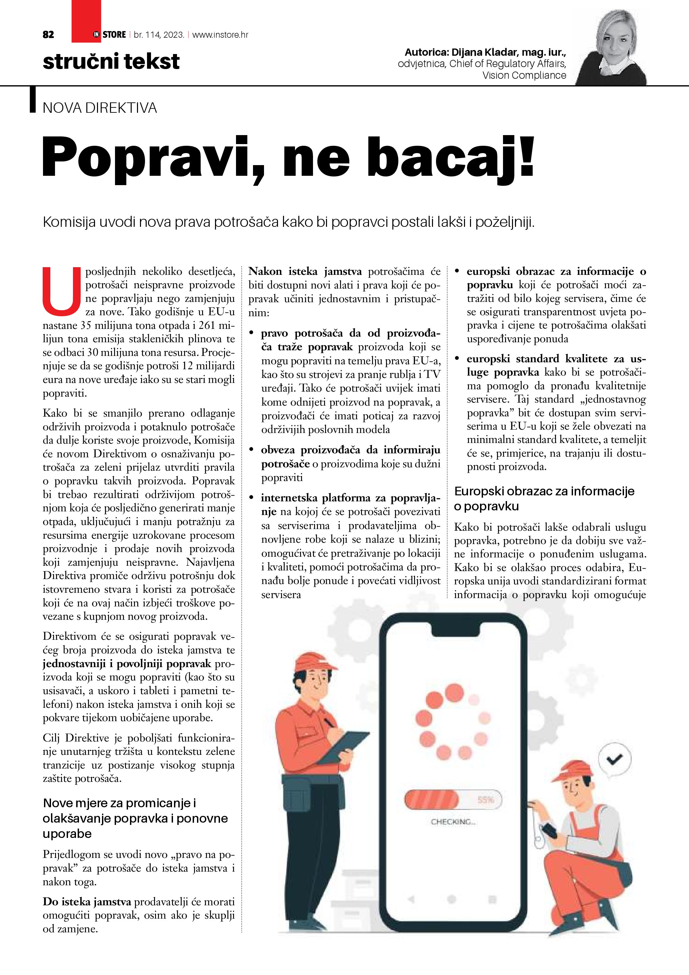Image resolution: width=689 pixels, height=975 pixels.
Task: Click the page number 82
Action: (48, 35)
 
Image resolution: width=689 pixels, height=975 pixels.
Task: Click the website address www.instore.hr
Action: (220, 35)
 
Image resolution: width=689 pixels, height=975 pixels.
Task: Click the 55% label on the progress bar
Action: (485, 800)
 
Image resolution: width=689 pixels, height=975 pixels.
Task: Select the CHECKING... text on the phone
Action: (453, 822)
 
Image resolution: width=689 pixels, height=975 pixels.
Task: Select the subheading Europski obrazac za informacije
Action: (544, 491)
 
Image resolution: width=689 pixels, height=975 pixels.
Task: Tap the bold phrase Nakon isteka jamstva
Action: (305, 272)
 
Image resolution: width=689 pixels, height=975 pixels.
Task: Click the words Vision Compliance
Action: (524, 76)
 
